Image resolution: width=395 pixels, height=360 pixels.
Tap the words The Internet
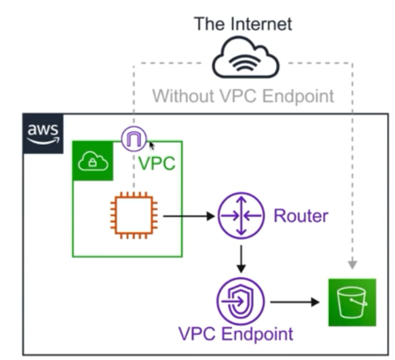coord(243,24)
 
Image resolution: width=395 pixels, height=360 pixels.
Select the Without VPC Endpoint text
coord(243,97)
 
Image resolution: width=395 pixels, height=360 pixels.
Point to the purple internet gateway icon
coord(134,139)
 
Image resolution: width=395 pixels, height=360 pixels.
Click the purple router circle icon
coord(241,216)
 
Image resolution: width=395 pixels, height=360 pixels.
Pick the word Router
coord(300,216)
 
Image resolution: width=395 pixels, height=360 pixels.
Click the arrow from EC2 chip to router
coord(188,216)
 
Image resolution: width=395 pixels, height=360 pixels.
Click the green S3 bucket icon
coord(352,302)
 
